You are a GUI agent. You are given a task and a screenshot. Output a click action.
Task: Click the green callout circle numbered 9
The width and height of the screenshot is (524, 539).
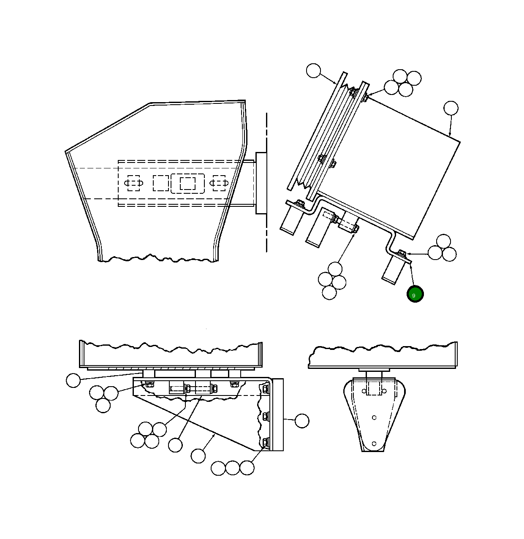coord(415,294)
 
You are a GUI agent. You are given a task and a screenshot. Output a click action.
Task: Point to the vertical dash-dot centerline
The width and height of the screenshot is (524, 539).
coord(266,182)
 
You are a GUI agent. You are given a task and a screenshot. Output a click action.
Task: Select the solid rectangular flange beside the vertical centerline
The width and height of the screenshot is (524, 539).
coord(261,183)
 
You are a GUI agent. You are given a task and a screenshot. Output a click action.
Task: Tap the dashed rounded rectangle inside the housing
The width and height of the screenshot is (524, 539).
coord(187,183)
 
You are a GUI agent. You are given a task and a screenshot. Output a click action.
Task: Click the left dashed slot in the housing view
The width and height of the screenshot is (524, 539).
coord(133,183)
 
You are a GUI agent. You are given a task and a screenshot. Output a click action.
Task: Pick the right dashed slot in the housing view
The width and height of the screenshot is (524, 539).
coord(219,183)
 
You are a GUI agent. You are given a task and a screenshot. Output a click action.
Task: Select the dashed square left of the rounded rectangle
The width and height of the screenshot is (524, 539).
coord(161,183)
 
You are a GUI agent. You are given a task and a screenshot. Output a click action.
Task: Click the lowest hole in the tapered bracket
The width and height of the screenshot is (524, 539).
coord(374,444)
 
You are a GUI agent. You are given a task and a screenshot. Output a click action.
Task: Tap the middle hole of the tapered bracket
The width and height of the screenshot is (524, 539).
coord(374,417)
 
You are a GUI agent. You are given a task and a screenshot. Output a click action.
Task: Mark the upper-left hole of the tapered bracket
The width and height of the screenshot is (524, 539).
coord(364,391)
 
